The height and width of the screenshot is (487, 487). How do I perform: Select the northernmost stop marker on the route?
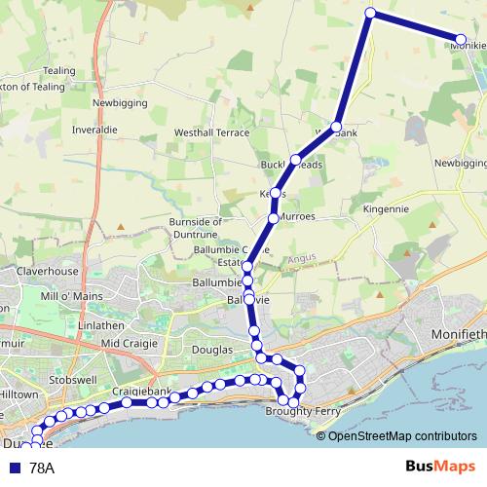pyautogui.click(x=370, y=13)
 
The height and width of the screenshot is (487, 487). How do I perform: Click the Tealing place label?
pyautogui.click(x=59, y=71)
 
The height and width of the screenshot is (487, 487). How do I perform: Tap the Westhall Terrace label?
pyautogui.click(x=211, y=132)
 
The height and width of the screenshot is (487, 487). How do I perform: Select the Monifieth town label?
pyautogui.click(x=458, y=335)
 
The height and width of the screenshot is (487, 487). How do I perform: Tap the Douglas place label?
pyautogui.click(x=212, y=349)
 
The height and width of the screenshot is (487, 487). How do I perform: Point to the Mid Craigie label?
pyautogui.click(x=128, y=344)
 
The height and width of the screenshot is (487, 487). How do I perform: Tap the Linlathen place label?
pyautogui.click(x=103, y=322)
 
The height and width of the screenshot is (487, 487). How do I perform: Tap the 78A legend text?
pyautogui.click(x=42, y=468)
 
